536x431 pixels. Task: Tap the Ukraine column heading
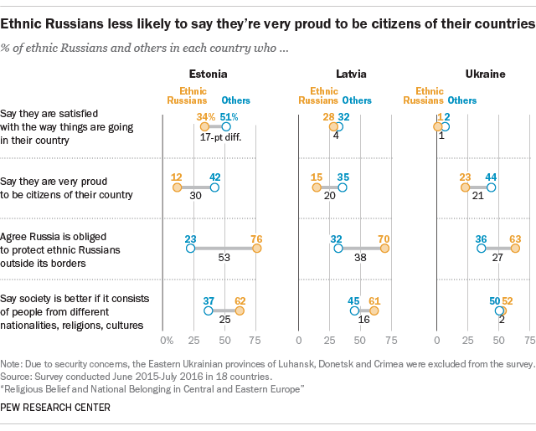(x=485, y=74)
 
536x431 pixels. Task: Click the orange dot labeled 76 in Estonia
(x=257, y=249)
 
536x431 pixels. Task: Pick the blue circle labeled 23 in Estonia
(x=191, y=249)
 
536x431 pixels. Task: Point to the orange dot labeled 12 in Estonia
(x=177, y=187)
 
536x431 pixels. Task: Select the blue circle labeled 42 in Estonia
(x=214, y=187)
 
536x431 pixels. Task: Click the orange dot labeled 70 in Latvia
(x=384, y=249)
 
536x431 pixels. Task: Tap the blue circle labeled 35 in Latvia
(x=342, y=187)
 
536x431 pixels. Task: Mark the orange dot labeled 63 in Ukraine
(x=515, y=249)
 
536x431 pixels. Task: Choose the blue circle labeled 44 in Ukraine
(x=492, y=187)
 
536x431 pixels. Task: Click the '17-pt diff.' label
(x=215, y=139)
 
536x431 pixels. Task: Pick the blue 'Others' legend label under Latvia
(x=357, y=100)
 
